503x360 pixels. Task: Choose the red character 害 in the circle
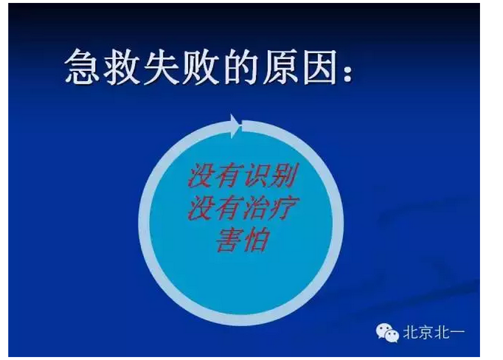coord(227,240)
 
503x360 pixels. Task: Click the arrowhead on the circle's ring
coord(236,125)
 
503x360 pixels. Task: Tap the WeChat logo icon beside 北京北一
coord(387,333)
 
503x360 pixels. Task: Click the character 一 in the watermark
coord(457,333)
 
